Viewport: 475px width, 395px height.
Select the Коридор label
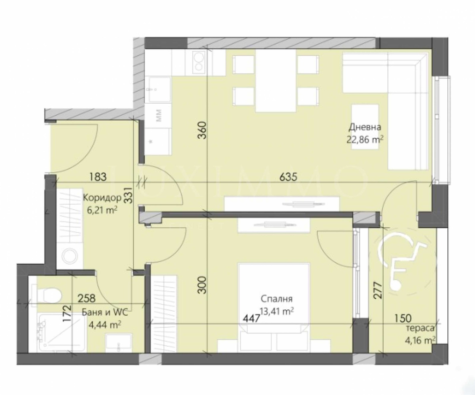coord(102,197)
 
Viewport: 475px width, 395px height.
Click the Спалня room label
coord(277,298)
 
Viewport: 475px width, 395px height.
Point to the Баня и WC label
coord(105,312)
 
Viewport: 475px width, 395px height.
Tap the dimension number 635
coord(288,177)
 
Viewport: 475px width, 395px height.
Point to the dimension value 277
coord(378,290)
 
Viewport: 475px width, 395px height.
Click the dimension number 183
coord(98,177)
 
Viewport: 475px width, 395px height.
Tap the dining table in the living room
coord(276,80)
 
